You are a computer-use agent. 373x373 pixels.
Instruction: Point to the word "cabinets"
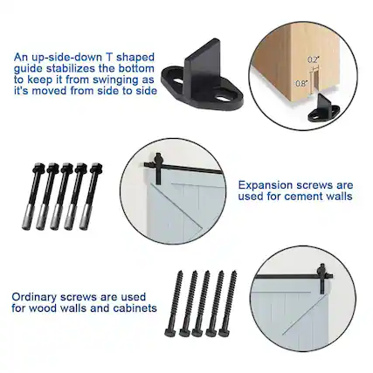[x=133, y=307]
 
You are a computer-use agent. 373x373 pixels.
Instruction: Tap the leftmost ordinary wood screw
[x=183, y=301]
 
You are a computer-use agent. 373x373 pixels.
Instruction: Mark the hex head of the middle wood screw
[x=207, y=331]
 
